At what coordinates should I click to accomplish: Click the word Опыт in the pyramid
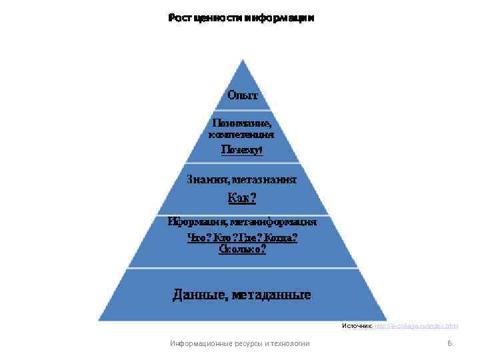pyautogui.click(x=242, y=95)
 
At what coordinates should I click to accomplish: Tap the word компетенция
pyautogui.click(x=241, y=134)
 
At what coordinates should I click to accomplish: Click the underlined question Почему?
pyautogui.click(x=242, y=150)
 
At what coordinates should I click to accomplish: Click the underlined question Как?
pyautogui.click(x=242, y=197)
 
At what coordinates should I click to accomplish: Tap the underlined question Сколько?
pyautogui.click(x=242, y=249)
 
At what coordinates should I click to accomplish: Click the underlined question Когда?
pyautogui.click(x=281, y=237)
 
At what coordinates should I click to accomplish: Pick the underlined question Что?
pyautogui.click(x=198, y=237)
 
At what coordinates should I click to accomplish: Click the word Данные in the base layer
pyautogui.click(x=199, y=294)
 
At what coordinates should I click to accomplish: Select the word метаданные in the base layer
pyautogui.click(x=271, y=294)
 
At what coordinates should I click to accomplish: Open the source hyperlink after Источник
pyautogui.click(x=416, y=326)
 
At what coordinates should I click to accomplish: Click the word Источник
pyautogui.click(x=357, y=326)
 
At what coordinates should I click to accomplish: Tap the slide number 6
pyautogui.click(x=449, y=343)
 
